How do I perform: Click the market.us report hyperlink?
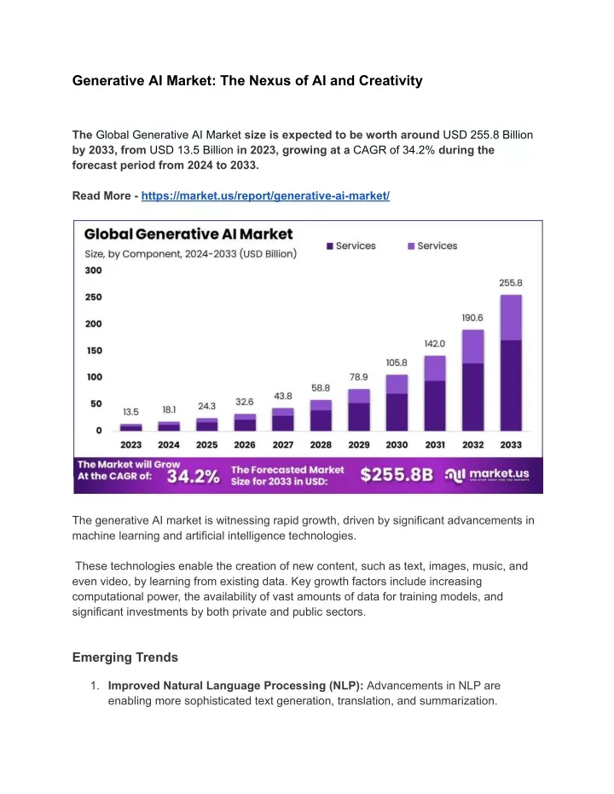pyautogui.click(x=265, y=196)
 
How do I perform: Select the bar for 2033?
pyautogui.click(x=511, y=362)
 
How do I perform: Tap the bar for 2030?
pyautogui.click(x=397, y=403)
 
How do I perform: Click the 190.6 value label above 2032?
pyautogui.click(x=472, y=318)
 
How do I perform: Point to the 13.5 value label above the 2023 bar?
pyautogui.click(x=130, y=412)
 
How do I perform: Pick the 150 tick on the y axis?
pyautogui.click(x=94, y=351)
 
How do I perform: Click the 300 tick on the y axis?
pyautogui.click(x=93, y=270)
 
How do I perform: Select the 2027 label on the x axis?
pyautogui.click(x=283, y=444)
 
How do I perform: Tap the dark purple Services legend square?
pyautogui.click(x=330, y=246)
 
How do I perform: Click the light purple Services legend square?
pyautogui.click(x=412, y=246)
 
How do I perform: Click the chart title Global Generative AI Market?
pyautogui.click(x=188, y=234)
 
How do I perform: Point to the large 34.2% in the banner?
pyautogui.click(x=194, y=477)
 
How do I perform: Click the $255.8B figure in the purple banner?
pyautogui.click(x=397, y=474)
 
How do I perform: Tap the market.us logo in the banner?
pyautogui.click(x=487, y=474)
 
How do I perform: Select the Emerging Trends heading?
pyautogui.click(x=125, y=658)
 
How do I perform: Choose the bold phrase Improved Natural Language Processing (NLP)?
pyautogui.click(x=236, y=686)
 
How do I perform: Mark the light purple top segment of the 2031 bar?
pyautogui.click(x=435, y=368)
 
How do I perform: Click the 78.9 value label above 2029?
pyautogui.click(x=359, y=377)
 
